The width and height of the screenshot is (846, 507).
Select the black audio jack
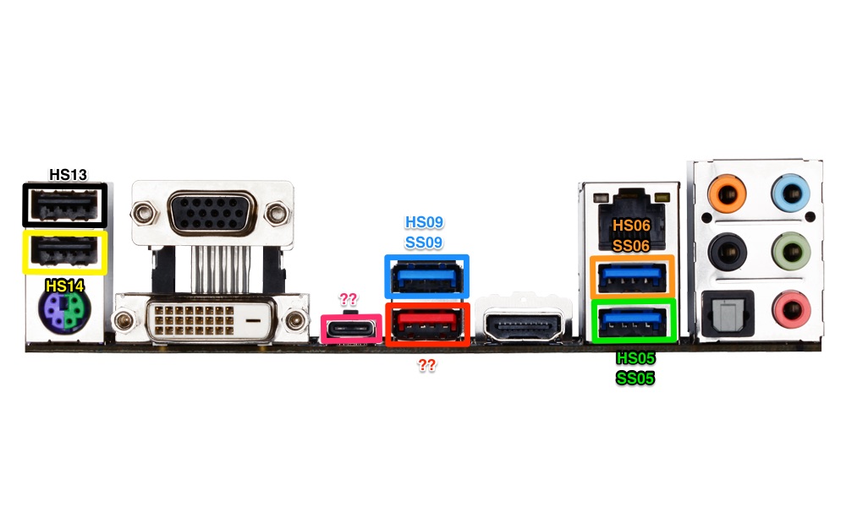point(727,249)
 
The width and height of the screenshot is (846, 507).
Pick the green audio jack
point(791,249)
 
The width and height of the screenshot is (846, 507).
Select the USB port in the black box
point(64,204)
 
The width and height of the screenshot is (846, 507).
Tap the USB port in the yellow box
point(64,252)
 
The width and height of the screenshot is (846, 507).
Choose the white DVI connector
point(209,320)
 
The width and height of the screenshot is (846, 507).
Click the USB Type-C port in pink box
point(350,328)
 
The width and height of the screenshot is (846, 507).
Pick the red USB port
point(426,324)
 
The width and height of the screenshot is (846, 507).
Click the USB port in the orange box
point(632,275)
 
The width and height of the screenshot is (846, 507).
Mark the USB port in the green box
point(632,321)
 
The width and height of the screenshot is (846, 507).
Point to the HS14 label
point(64,286)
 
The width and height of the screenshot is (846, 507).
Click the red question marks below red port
point(427,365)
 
